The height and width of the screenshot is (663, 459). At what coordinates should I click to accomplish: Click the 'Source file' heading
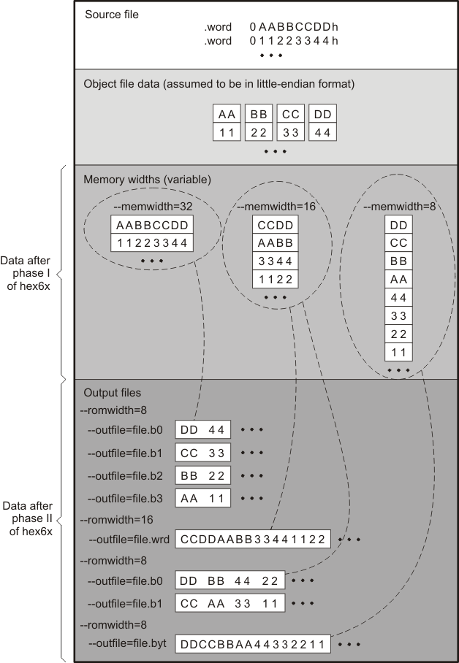(x=112, y=15)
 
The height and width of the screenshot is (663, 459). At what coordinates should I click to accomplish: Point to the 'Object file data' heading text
(x=219, y=84)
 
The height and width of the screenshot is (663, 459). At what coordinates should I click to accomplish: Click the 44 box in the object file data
(x=322, y=131)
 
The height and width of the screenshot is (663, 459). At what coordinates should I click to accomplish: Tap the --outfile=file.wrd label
(x=129, y=540)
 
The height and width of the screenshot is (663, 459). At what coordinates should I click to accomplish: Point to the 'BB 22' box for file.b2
(x=203, y=476)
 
